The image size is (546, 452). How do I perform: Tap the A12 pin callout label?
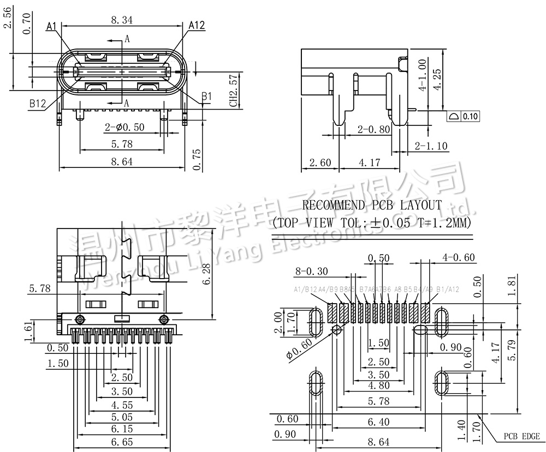tap(197, 26)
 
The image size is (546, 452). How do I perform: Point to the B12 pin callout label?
tap(38, 103)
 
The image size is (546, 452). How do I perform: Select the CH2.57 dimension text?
tap(233, 92)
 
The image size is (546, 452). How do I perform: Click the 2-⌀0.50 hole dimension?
tap(124, 128)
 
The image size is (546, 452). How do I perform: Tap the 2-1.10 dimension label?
tap(431, 146)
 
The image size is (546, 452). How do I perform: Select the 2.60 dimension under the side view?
tap(320, 162)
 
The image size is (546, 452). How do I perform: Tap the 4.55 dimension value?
tap(122, 405)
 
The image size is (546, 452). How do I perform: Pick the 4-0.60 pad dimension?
tap(459, 257)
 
